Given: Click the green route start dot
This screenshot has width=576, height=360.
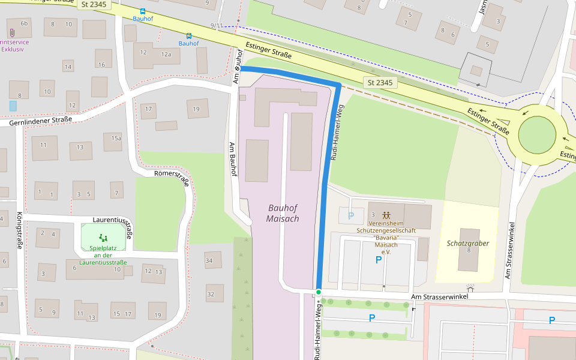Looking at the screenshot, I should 319,292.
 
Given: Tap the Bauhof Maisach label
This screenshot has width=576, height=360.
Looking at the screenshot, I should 283,213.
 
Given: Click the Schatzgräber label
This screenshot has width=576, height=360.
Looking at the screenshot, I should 468,243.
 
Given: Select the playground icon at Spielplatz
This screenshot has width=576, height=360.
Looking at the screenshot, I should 103,238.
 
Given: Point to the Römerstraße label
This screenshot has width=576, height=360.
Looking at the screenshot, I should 172,177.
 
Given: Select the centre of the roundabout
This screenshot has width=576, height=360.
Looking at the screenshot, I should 537,135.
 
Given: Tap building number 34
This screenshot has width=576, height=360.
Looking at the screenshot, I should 209,260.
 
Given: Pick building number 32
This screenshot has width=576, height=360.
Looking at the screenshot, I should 211,294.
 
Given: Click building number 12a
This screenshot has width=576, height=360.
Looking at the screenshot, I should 166,54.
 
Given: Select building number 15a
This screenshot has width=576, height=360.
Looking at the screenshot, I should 116,138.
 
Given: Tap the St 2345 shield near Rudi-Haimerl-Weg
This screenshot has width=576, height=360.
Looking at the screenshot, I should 380,82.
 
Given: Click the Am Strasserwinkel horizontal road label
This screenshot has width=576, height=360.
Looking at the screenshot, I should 439,297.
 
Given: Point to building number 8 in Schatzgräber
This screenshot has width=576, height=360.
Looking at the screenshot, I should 468,250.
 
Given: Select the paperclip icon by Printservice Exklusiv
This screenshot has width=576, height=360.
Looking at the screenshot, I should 11,32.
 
